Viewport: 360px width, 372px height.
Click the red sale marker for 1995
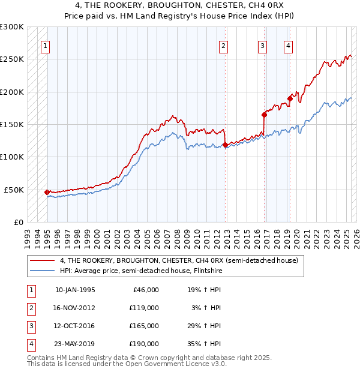(47, 192)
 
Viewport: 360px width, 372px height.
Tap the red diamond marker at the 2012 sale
(225, 145)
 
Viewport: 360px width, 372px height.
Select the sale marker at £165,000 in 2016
(264, 115)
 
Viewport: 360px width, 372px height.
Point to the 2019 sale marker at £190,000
(290, 98)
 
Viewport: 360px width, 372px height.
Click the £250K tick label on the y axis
(12, 59)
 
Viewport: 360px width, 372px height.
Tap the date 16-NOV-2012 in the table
(75, 307)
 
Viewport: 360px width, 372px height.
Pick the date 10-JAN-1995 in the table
(75, 289)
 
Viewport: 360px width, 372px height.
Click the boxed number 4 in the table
(29, 344)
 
